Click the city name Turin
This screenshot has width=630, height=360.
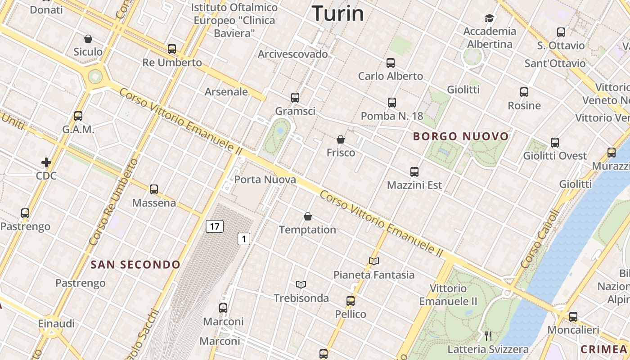coord(337,13)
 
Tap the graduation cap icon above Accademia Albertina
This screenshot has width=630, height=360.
coord(489,18)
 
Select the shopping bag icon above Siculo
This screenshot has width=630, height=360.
coord(88,39)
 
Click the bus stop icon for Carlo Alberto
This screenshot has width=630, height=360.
coord(391,63)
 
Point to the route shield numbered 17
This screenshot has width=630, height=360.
coord(215,226)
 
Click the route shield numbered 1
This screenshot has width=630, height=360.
coord(243,238)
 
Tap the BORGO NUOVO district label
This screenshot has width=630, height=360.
coord(461,136)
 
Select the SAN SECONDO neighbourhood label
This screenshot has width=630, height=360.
coord(135,265)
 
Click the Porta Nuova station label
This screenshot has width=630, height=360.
coord(265,180)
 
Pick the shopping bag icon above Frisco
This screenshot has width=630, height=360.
coord(341,139)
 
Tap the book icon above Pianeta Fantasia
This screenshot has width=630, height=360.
coord(373,261)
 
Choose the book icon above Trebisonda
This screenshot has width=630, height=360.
coord(301,284)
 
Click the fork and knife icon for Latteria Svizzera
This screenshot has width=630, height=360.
coord(488,336)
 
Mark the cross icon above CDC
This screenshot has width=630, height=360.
coord(46,162)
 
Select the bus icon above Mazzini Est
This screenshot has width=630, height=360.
coord(414,171)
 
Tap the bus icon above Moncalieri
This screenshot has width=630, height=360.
coord(573,316)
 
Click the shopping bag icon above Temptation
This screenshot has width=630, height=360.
coord(308,216)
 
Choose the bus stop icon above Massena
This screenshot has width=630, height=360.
coord(154,189)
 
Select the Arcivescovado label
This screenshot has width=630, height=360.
coord(292,54)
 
